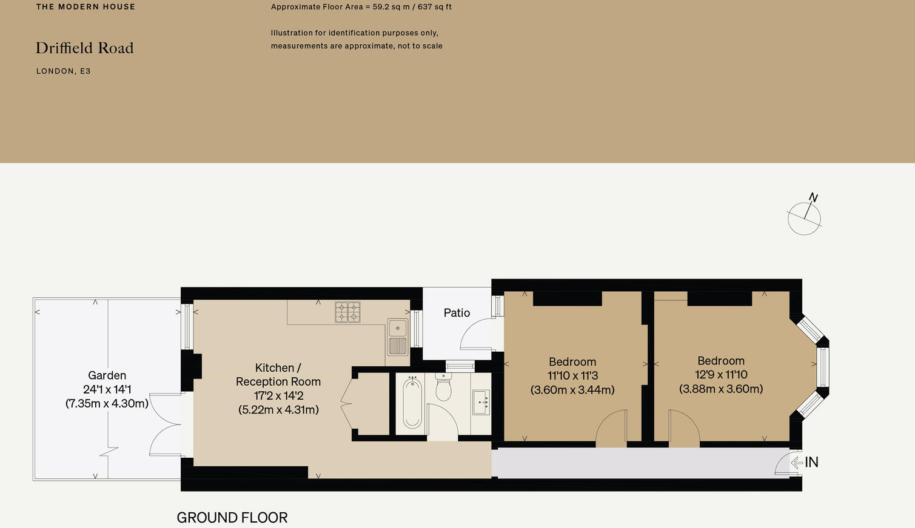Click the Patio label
(457, 313)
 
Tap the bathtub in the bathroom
(412, 403)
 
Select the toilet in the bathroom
(443, 388)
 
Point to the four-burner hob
(347, 312)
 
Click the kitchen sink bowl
(398, 328)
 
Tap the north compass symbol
(805, 217)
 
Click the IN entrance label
(812, 463)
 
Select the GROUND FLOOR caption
(232, 518)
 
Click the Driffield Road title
(85, 48)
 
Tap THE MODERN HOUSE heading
(85, 7)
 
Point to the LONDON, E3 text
(64, 71)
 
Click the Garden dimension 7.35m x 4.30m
(107, 404)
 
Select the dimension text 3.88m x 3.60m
(721, 389)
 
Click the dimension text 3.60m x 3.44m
(572, 391)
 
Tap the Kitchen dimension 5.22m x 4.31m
(278, 410)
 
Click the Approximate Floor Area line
(361, 7)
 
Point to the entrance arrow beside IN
(797, 463)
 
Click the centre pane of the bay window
(823, 367)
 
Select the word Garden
(107, 375)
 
